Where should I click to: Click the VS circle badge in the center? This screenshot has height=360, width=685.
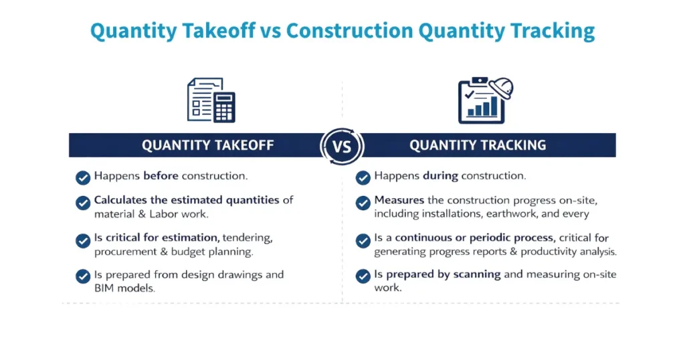(342, 145)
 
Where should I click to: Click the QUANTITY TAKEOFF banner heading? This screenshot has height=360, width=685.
(207, 145)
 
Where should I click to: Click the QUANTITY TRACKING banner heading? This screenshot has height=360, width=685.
(478, 145)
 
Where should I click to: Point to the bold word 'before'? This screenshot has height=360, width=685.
(159, 177)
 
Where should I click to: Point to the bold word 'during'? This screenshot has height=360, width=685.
(440, 177)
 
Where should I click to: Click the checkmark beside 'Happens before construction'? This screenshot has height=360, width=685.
(83, 177)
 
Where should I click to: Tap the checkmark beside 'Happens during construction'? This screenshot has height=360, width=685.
(363, 177)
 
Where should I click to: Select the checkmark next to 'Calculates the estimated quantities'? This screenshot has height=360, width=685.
(83, 202)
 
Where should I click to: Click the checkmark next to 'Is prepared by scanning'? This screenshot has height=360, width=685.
(363, 276)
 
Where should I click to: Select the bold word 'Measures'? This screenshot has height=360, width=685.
(399, 201)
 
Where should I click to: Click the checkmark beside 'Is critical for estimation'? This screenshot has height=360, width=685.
(83, 240)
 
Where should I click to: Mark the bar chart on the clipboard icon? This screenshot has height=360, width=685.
(483, 106)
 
